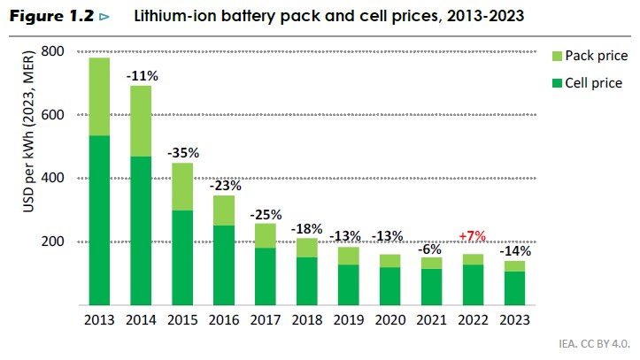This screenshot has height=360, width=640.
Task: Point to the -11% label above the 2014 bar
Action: coord(142,77)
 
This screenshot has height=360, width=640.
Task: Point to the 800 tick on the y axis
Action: coord(53,51)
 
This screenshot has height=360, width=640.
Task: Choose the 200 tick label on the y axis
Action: coord(53,241)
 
